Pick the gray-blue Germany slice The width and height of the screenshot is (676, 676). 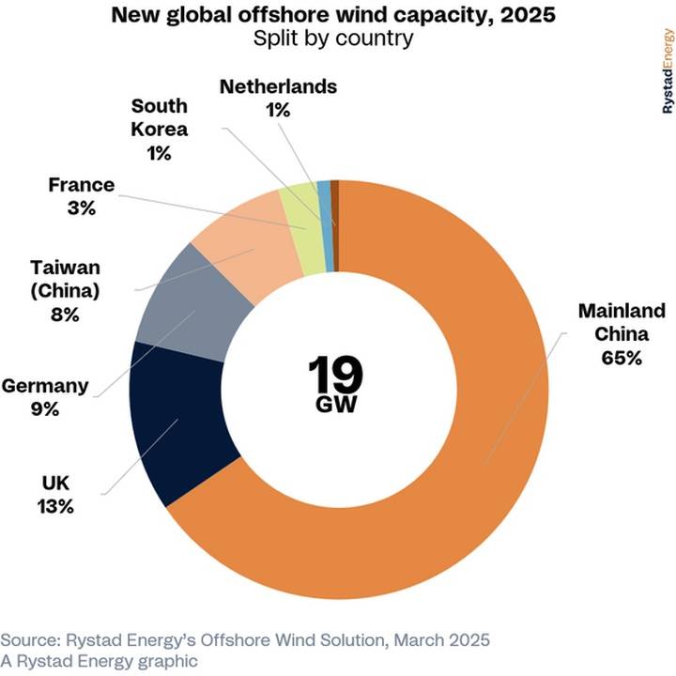coord(183,300)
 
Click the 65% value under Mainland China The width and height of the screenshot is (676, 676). coord(622,358)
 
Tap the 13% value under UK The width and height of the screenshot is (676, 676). coord(56,507)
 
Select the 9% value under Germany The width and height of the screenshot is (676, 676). coord(43,409)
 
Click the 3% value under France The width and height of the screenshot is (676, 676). coord(81,208)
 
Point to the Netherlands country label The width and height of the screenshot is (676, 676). coord(278,87)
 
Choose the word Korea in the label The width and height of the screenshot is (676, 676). coord(160,130)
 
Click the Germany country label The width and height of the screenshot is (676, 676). coord(45,385)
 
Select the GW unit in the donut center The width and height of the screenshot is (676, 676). coord(335,406)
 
